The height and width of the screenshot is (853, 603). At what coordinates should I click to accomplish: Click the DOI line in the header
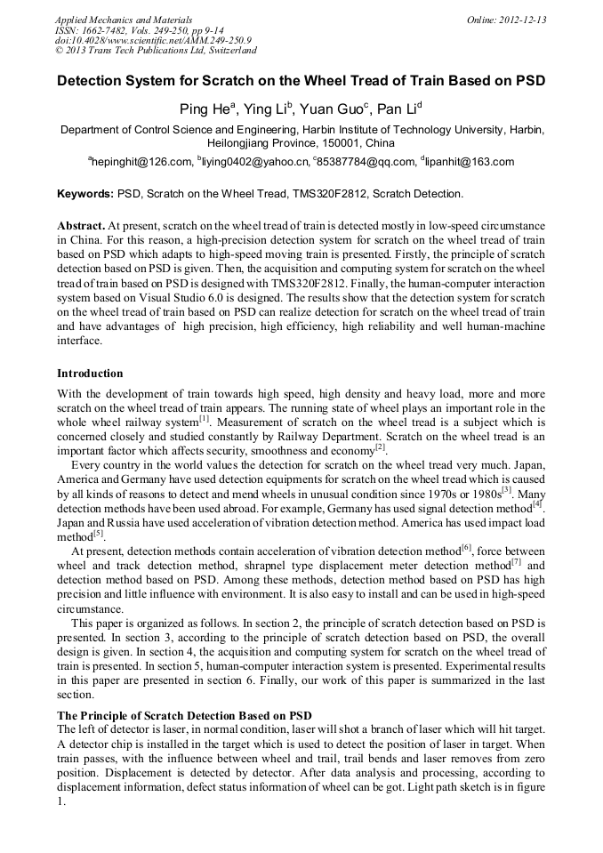[153, 40]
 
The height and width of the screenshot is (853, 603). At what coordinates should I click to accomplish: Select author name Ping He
[205, 110]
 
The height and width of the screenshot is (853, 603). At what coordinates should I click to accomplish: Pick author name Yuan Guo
[327, 110]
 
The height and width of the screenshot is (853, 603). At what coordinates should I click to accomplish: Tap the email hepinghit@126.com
[141, 162]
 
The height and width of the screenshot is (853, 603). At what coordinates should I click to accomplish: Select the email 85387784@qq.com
[366, 162]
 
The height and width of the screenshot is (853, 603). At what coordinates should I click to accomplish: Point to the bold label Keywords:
[85, 193]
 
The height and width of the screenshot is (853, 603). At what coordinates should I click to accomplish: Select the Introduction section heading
[90, 374]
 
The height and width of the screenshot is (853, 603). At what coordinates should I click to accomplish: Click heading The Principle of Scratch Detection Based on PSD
[184, 715]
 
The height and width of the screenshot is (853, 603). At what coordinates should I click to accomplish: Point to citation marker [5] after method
[99, 534]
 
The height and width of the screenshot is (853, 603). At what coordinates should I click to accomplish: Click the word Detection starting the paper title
[93, 81]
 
